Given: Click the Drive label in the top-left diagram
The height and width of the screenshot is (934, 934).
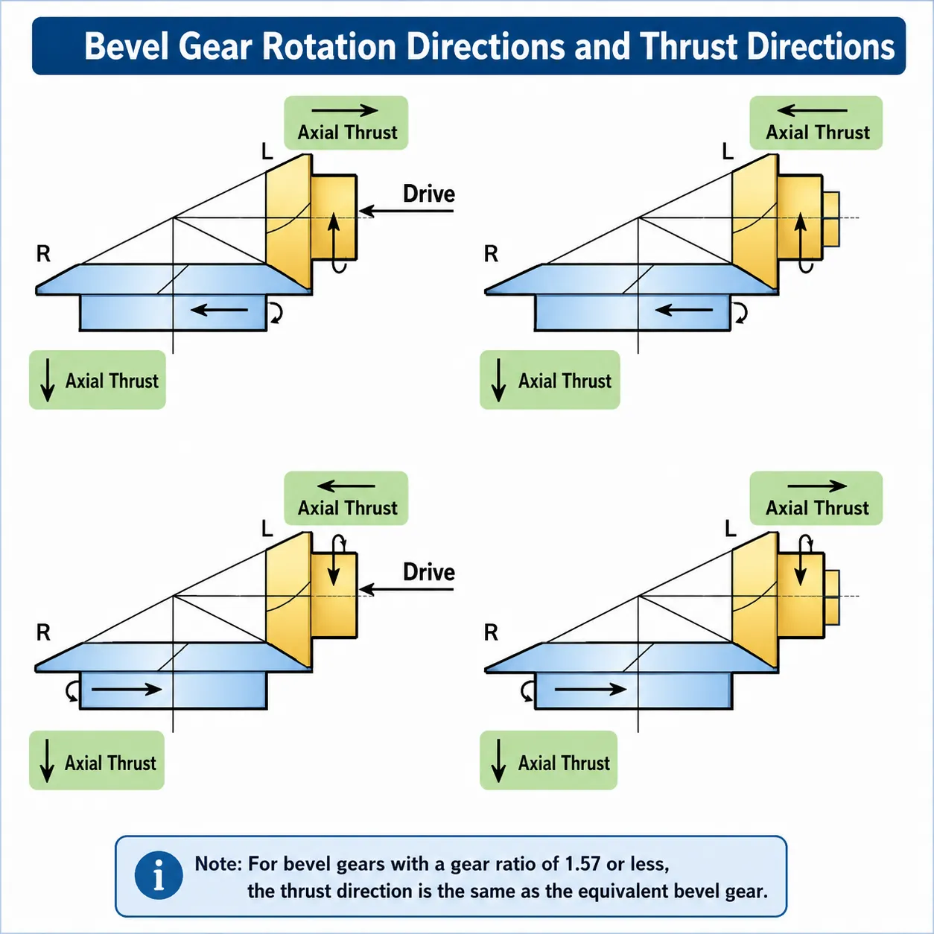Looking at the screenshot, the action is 429,194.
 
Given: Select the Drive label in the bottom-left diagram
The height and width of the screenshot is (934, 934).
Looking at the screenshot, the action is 429,573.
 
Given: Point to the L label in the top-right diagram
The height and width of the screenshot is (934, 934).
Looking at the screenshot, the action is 728,152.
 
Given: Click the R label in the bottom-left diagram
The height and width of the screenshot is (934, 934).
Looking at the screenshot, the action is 43,632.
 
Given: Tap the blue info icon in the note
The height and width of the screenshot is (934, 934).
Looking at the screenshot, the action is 159,875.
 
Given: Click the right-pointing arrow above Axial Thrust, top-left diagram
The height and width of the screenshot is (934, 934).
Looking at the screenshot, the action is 345,110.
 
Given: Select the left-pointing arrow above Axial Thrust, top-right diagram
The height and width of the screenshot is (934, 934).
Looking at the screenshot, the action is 812,110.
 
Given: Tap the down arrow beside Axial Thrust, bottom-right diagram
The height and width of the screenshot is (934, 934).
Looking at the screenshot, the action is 498,760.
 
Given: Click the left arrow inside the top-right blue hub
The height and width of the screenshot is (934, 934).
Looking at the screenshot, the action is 684,309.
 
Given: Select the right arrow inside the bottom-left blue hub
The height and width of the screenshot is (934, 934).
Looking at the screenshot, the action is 127,689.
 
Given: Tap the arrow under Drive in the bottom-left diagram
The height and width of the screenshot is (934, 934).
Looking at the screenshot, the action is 406,589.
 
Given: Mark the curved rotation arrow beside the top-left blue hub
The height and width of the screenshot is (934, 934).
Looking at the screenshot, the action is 276,313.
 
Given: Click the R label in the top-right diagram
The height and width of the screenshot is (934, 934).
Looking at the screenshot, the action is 491,253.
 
